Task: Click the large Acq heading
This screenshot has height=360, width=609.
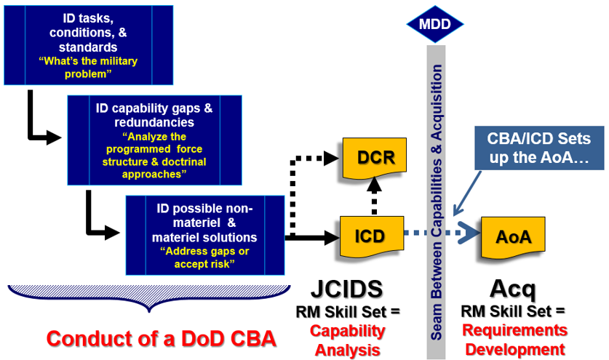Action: (513, 289)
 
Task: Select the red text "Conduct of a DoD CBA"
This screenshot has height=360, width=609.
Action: (161, 338)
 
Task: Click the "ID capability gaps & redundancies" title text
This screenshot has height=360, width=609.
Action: (154, 114)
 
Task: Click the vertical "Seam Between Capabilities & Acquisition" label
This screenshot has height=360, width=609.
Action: (437, 200)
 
